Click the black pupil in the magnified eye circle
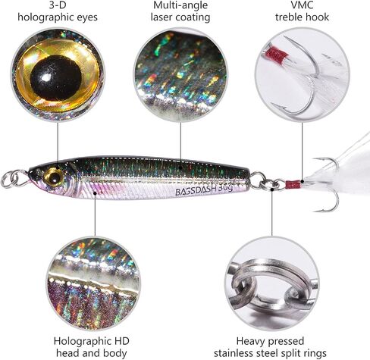[x=56, y=78]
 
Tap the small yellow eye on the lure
[x=54, y=177]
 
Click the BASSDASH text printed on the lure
[x=195, y=191]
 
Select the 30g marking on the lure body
[x=224, y=188]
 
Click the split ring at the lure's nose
[x=14, y=180]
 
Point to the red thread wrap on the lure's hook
[x=293, y=184]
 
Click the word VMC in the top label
[x=302, y=5]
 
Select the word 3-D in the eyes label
[x=58, y=5]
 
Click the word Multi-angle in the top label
[x=180, y=5]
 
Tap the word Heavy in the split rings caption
[x=252, y=342]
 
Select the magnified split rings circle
[x=271, y=283]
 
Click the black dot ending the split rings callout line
[x=272, y=189]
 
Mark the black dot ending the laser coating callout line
[x=180, y=167]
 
